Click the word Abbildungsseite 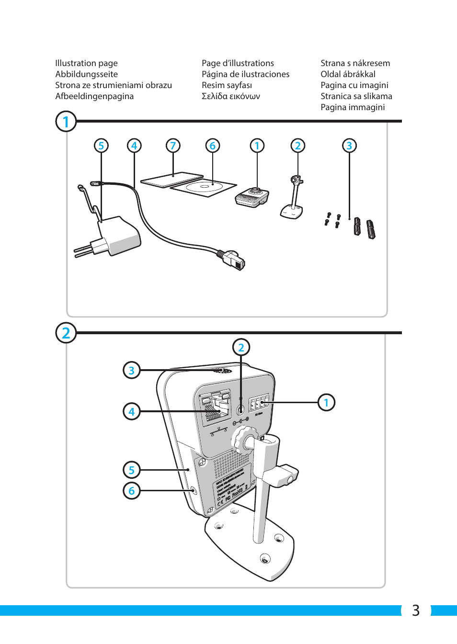point(86,74)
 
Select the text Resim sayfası point(227,85)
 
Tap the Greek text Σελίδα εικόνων point(230,96)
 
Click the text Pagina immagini point(352,107)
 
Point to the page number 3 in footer point(415,610)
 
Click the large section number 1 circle point(66,122)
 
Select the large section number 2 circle point(66,333)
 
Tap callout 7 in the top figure point(173,146)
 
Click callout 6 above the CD point(213,146)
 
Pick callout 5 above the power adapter point(101,146)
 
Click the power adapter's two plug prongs point(84,250)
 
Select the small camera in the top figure point(252,197)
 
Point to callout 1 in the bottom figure point(326,403)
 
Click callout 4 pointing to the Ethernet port point(132,411)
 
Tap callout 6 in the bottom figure point(132,491)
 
